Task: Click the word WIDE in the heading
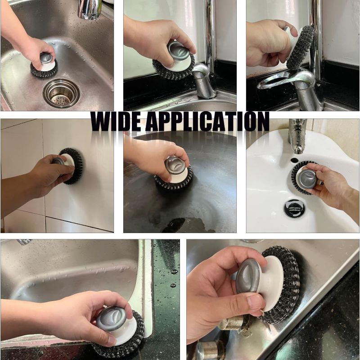116,121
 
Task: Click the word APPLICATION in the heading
207,121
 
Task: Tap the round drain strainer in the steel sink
61,93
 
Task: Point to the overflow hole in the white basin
294,160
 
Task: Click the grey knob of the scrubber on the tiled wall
58,162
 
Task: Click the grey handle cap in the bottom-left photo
111,318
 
